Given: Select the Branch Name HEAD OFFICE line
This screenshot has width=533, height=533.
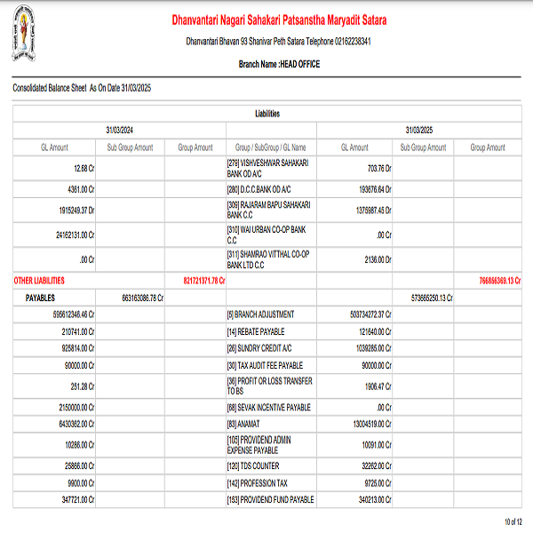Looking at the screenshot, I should click(279, 64).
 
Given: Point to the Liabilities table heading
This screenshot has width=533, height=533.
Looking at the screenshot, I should click(266, 114).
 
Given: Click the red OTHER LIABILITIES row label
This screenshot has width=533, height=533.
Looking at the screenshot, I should click(39, 281).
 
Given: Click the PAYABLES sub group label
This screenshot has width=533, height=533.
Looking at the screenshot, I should click(41, 298).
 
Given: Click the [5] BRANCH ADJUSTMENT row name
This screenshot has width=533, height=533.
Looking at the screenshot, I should click(260, 314).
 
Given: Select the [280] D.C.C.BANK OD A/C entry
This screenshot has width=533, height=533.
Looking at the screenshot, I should click(260, 189).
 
